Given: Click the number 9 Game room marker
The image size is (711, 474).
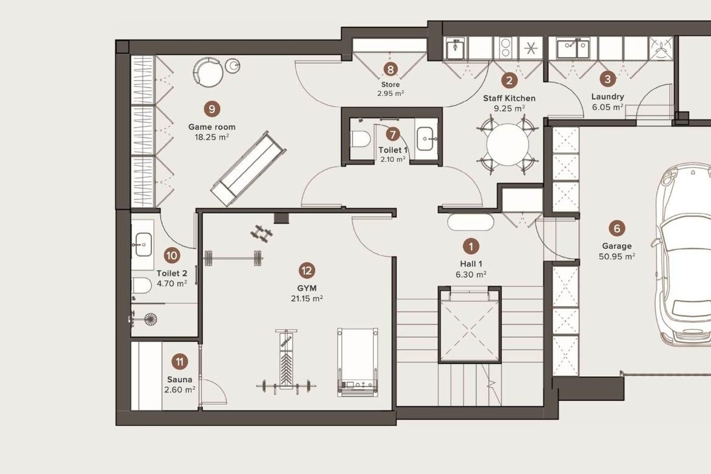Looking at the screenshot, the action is click(212, 109).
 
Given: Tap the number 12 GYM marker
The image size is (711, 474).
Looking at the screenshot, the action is click(307, 271).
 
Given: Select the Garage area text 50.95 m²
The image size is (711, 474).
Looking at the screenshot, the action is click(617, 256).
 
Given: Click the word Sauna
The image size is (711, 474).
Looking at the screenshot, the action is click(180, 379).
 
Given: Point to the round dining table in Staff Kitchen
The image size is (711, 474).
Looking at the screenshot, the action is click(508, 145).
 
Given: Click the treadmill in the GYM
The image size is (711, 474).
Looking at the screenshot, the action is click(358, 362).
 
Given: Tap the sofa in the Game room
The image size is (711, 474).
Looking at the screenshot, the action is click(248, 169).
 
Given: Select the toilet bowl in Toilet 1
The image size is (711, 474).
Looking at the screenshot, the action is click(361, 139).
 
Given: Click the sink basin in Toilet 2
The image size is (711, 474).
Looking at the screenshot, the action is click(143, 245).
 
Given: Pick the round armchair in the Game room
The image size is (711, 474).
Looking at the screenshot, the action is click(208, 72).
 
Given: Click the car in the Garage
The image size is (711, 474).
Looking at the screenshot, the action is click(683, 254).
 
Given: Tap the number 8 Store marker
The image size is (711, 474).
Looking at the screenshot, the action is click(390, 69).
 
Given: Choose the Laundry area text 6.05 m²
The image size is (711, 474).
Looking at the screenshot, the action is click(607, 107).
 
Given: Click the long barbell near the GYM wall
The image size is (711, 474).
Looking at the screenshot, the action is click(233, 258).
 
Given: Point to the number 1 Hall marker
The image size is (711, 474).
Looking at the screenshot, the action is click(470, 246).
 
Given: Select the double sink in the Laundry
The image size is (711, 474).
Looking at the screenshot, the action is click(574, 49).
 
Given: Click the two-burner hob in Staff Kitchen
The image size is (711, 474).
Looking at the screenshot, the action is click(505, 47).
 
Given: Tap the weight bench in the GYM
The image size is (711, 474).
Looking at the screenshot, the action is click(286, 362).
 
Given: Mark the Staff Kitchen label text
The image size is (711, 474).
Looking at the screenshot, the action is click(509, 98).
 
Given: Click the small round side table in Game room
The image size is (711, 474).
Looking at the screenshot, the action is click(233, 66).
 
